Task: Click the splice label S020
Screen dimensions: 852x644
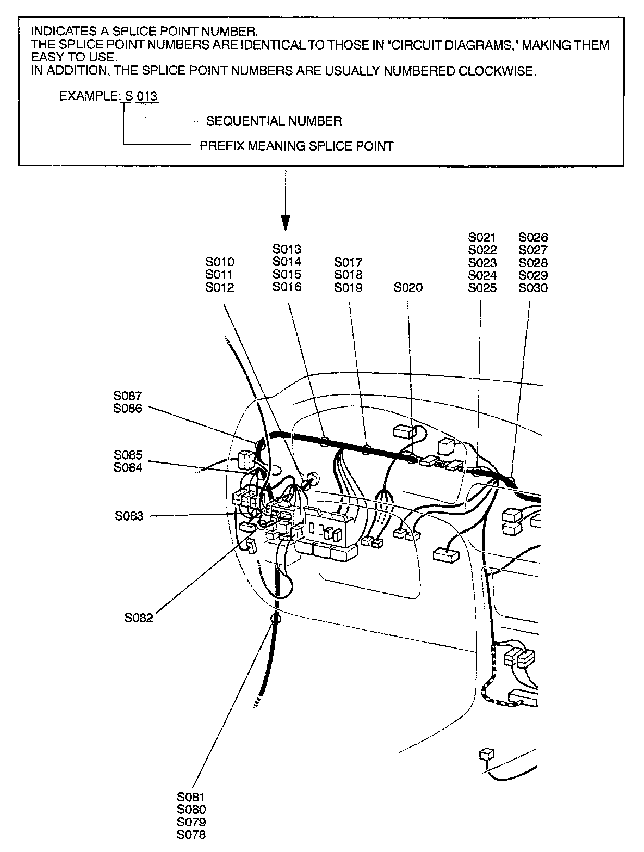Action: click(408, 288)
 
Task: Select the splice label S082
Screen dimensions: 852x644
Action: click(139, 618)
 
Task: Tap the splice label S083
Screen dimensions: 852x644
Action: click(129, 516)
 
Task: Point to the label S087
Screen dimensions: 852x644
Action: click(128, 396)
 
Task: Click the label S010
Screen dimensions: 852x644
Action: click(220, 262)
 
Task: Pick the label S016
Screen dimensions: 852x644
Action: click(287, 287)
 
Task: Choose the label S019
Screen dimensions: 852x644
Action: click(348, 288)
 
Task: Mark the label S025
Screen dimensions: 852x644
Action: click(482, 288)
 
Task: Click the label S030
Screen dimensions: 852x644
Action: click(533, 288)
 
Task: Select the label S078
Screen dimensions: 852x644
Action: click(191, 835)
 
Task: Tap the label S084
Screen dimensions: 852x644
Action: click(128, 467)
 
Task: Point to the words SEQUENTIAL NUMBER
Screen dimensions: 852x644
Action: click(274, 121)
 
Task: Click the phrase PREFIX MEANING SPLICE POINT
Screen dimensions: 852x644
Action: click(296, 146)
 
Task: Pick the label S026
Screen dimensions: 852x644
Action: click(533, 237)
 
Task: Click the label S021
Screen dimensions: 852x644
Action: click(482, 237)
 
